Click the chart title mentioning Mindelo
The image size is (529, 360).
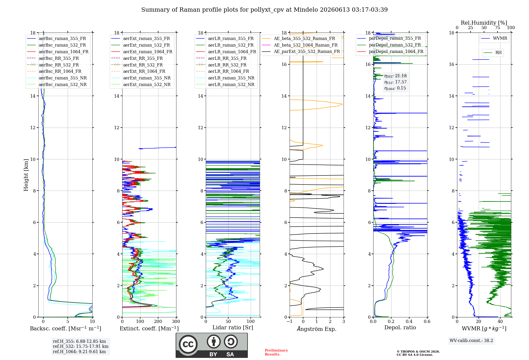tap(264, 10)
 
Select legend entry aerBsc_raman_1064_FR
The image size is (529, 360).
tap(58, 52)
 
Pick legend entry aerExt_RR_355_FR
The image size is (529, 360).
tap(137, 58)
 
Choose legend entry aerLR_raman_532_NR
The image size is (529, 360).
tap(225, 84)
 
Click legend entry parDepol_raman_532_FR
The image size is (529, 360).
tap(389, 45)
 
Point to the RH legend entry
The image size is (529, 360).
tap(493, 53)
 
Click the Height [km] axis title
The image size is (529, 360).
tap(26, 175)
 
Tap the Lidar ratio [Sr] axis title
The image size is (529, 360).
tap(233, 327)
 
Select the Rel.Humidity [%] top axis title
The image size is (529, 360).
tap(484, 23)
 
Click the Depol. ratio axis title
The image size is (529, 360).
tap(400, 327)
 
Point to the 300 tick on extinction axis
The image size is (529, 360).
tap(176, 322)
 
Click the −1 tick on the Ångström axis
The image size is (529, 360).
tap(289, 322)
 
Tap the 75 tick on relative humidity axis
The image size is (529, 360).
tap(498, 28)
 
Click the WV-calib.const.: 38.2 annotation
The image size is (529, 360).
tap(471, 340)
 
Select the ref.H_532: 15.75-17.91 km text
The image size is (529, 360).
tap(81, 346)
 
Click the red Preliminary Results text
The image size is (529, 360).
tap(276, 352)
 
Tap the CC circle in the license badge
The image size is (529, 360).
tap(188, 344)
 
